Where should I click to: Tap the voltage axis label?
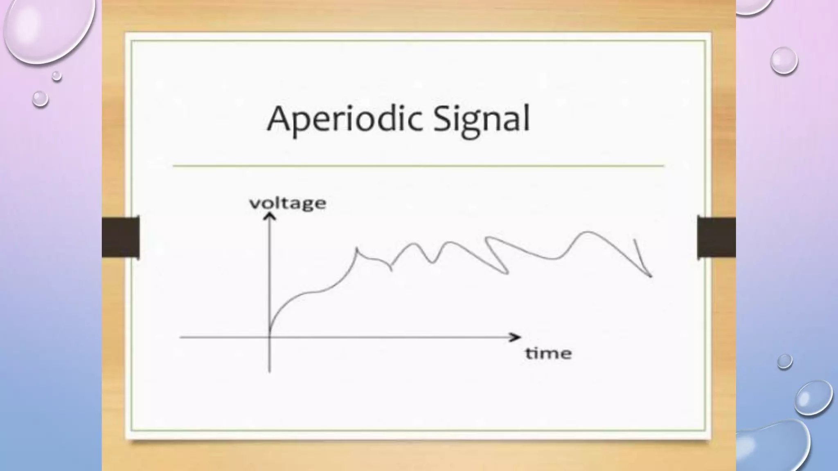point(288,203)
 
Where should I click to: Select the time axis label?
point(548,353)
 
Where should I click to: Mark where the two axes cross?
point(270,337)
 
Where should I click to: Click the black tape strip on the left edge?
point(121,237)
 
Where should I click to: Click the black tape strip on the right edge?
point(716,237)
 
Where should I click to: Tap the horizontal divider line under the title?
point(418,166)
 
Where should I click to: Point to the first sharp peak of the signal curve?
point(357,248)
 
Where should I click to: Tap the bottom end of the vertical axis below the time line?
point(269,371)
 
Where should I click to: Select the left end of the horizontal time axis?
point(181,337)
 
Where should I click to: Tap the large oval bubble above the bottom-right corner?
point(813,397)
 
